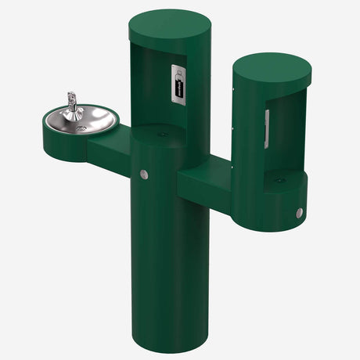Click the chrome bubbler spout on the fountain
click(x=73, y=102)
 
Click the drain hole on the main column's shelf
click(x=163, y=135)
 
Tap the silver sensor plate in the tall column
click(x=179, y=83)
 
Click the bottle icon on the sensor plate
click(x=179, y=76)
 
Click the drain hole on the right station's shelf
click(x=279, y=180)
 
